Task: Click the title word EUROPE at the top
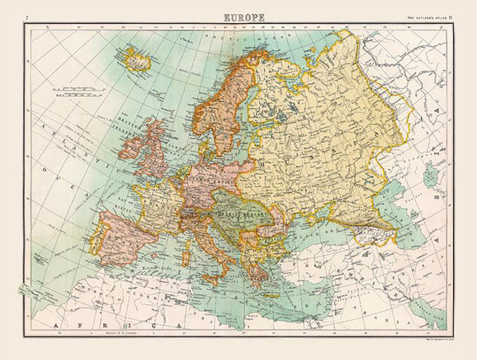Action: tap(243, 16)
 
